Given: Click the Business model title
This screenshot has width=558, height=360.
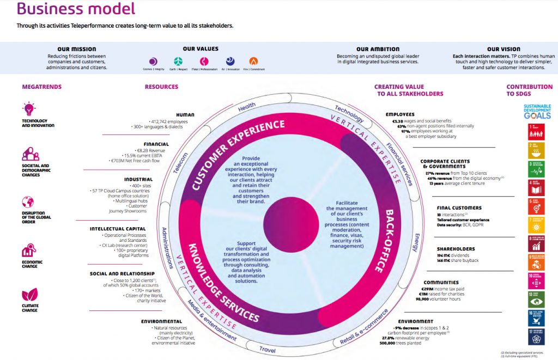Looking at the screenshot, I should [76, 9].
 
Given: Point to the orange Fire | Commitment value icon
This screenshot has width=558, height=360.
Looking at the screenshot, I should [253, 62].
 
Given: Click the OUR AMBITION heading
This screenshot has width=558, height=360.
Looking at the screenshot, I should [377, 49].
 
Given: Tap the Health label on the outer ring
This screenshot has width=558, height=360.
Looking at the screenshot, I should [246, 108].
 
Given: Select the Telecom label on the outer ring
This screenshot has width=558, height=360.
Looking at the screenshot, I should [181, 162].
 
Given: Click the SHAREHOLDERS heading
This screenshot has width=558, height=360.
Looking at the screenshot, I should [456, 249].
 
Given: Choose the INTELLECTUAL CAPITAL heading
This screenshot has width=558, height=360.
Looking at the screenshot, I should [118, 229].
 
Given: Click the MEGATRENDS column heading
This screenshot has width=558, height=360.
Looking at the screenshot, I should [41, 87].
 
